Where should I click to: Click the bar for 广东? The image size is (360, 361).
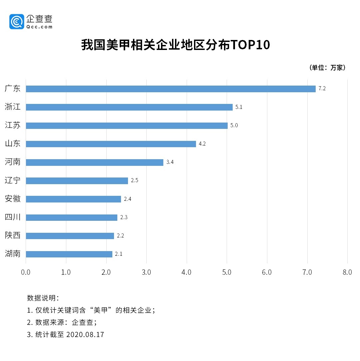pyautogui.click(x=170, y=89)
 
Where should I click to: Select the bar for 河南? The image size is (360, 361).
pyautogui.click(x=94, y=162)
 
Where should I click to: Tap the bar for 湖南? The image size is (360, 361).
pyautogui.click(x=69, y=254)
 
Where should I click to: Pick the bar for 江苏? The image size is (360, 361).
pyautogui.click(x=127, y=126)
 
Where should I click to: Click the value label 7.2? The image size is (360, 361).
pyautogui.click(x=322, y=89)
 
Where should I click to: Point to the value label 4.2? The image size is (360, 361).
pyautogui.click(x=202, y=144)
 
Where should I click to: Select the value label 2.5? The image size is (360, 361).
pyautogui.click(x=134, y=180)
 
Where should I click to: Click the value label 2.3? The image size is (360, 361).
pyautogui.click(x=124, y=217)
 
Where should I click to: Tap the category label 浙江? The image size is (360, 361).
pyautogui.click(x=13, y=107)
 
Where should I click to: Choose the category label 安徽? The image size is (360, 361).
pyautogui.click(x=13, y=199)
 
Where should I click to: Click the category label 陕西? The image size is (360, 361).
pyautogui.click(x=13, y=235)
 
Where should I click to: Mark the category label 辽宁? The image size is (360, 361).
pyautogui.click(x=13, y=180)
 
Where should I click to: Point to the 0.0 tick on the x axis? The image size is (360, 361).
pyautogui.click(x=26, y=272)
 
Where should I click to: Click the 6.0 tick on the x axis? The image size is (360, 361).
pyautogui.click(x=267, y=272)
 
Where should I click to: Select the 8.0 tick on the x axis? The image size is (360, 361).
pyautogui.click(x=347, y=272)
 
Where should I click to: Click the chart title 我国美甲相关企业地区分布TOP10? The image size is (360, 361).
pyautogui.click(x=175, y=45)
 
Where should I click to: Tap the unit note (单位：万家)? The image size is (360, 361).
pyautogui.click(x=328, y=68)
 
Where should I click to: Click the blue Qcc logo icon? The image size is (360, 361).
pyautogui.click(x=17, y=22)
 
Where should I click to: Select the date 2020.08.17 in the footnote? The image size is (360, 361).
pyautogui.click(x=85, y=335)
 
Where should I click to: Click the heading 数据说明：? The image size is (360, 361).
pyautogui.click(x=43, y=298)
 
